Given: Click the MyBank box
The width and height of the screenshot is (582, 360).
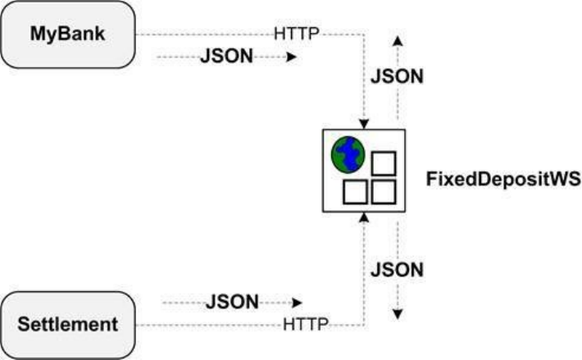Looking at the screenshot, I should coord(69,34).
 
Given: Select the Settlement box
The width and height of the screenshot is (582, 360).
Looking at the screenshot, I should coord(69,324).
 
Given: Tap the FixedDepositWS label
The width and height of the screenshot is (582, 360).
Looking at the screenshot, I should coord(503,179).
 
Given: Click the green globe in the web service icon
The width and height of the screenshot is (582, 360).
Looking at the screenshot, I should coord(348,153).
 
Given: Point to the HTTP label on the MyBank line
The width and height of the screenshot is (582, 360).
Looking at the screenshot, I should coord(296,34).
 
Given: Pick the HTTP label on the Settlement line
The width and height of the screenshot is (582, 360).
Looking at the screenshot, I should coord(307,324).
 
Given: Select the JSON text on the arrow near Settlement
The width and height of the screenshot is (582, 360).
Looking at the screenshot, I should coord(231,302).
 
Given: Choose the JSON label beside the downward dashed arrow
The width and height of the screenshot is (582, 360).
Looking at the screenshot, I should coord(397,269).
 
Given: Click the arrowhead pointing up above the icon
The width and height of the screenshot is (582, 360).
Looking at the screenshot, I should coord(398,39).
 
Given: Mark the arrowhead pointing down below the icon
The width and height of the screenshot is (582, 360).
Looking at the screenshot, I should coord(398,314).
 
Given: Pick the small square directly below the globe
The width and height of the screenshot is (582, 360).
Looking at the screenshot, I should coord(353,193).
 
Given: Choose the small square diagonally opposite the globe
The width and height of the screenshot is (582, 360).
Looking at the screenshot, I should coord(384,193).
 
